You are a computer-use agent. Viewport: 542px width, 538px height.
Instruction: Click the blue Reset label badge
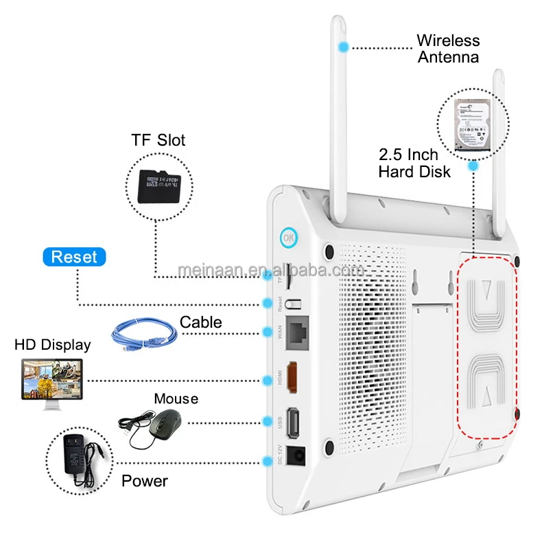(74, 257)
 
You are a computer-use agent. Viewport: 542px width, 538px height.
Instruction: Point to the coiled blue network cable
(145, 333)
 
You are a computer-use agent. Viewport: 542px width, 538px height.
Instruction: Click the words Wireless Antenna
(448, 48)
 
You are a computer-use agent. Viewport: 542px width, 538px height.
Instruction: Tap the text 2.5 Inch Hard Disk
(414, 163)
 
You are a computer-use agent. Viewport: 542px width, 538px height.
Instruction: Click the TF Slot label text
(158, 141)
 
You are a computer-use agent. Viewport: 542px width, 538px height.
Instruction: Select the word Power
(144, 480)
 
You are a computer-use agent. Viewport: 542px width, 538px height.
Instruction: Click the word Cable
(200, 322)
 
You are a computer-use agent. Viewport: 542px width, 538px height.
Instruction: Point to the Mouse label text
(176, 399)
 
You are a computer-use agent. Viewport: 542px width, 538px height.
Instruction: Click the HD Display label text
(53, 344)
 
